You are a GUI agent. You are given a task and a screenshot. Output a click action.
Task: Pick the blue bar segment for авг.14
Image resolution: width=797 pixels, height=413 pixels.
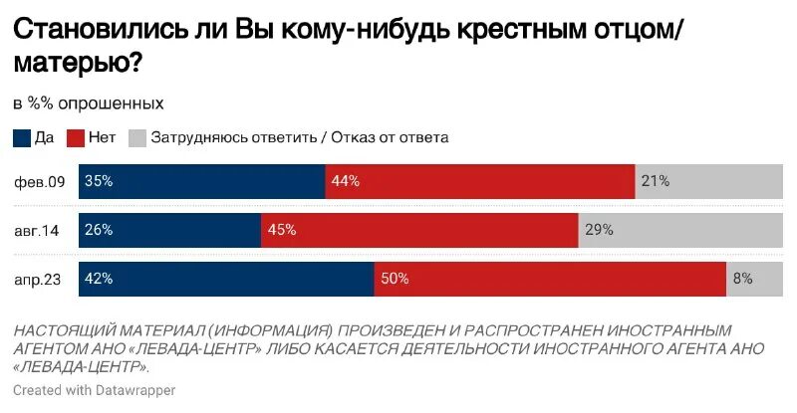point(170,230)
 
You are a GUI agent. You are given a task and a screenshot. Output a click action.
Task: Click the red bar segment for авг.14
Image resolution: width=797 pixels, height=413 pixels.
point(419,230)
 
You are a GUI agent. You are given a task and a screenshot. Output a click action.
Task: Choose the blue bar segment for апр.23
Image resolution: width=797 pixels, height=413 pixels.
point(226,280)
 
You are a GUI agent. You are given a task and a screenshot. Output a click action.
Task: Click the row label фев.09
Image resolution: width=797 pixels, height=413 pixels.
point(40,181)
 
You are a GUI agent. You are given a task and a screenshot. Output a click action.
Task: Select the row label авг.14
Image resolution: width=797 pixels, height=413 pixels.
point(38,230)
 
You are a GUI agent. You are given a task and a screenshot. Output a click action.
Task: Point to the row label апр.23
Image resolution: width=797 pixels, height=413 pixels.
point(39,280)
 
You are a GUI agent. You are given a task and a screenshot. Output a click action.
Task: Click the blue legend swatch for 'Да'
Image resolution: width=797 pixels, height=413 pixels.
point(22,137)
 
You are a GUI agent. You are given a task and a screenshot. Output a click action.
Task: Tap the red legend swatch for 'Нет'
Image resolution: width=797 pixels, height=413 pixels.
point(76,137)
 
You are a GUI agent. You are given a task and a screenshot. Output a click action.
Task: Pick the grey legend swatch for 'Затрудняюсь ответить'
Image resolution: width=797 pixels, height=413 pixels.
point(137,137)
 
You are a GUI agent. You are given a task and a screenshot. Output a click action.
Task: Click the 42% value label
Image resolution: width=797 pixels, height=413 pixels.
point(100,280)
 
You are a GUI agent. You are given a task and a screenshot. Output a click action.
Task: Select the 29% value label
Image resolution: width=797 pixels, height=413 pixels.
point(599,230)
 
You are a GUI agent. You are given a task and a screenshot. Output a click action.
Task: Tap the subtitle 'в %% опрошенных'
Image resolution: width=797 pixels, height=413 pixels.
point(89,103)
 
